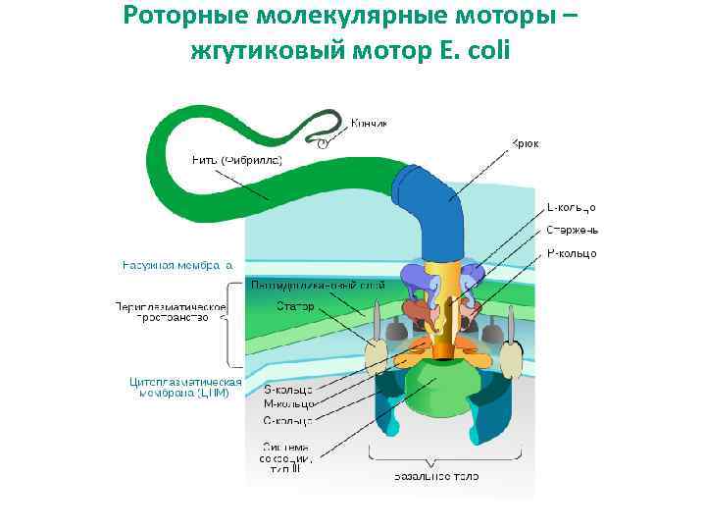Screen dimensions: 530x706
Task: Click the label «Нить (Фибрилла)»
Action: (x=237, y=160)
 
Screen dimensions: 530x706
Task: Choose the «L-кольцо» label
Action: (x=571, y=207)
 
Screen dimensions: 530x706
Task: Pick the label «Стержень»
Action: (x=573, y=231)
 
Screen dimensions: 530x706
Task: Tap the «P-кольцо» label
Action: (x=571, y=254)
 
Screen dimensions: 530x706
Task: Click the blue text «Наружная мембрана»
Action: (x=177, y=264)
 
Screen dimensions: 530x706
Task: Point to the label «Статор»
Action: (x=295, y=306)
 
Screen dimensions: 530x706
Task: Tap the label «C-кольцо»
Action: (x=288, y=421)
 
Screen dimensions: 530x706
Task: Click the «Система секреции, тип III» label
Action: (x=286, y=457)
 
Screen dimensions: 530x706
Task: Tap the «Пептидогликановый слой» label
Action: (x=317, y=285)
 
